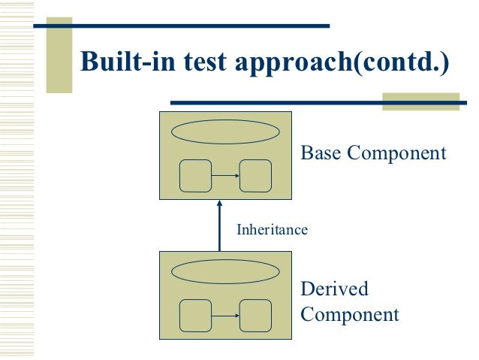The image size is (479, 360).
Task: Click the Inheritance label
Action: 272,230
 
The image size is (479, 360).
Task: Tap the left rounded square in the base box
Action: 195,176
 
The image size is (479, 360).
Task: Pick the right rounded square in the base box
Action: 255,176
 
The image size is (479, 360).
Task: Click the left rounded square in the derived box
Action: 195,315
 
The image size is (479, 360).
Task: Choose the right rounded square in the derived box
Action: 255,315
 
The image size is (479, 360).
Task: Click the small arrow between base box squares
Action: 225,176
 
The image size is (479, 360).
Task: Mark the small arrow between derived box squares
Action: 225,315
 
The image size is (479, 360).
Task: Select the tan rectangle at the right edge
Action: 420,101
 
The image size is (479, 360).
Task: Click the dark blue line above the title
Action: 180,26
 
